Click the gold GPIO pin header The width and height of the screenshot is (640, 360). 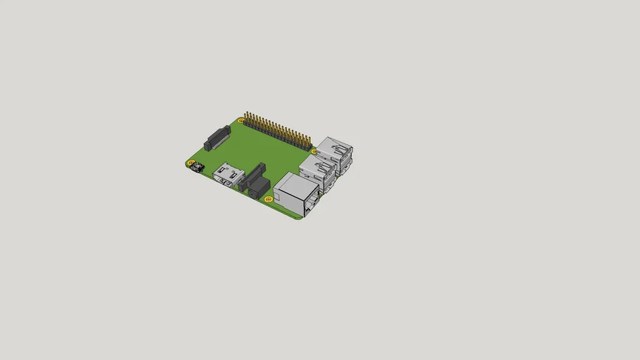click(278, 131)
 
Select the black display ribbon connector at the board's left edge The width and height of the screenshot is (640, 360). click(217, 138)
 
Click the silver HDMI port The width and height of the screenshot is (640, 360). click(229, 174)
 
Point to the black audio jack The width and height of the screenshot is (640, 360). click(258, 188)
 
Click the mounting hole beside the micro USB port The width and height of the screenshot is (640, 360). click(191, 163)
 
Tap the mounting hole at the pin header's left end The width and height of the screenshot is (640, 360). click(241, 121)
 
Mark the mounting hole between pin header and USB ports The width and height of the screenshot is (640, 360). click(314, 151)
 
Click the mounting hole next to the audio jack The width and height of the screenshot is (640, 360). click(269, 199)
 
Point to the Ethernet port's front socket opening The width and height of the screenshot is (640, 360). click(309, 206)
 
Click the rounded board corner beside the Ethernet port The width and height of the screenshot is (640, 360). click(300, 218)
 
